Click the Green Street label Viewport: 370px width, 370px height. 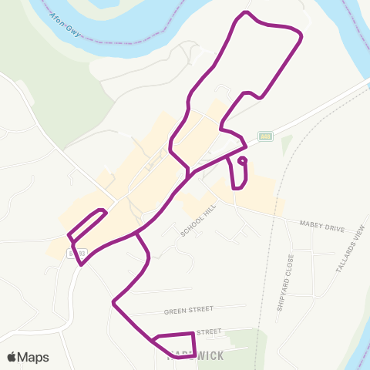click(188, 311)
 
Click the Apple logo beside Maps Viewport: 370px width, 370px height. click(12, 357)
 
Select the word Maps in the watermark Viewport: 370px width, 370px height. click(34, 357)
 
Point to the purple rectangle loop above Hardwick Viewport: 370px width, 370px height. click(173, 344)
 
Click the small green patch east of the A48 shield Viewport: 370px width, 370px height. click(288, 143)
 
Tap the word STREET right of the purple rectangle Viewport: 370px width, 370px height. click(209, 331)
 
